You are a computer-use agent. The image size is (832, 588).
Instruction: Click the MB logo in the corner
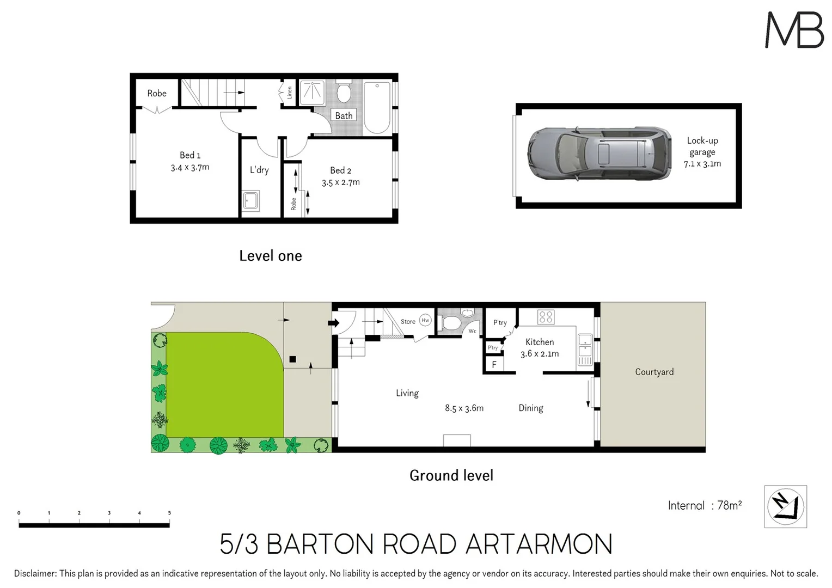point(794,30)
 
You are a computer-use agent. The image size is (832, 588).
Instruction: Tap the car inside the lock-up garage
point(599,154)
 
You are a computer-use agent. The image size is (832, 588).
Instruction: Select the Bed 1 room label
point(190,155)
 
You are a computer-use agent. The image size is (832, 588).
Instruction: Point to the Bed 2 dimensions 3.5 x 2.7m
point(340,182)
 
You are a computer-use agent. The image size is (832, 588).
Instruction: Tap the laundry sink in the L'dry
point(251,200)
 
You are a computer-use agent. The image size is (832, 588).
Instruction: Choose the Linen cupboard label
point(289,93)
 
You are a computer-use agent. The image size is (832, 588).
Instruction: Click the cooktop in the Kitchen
point(546,317)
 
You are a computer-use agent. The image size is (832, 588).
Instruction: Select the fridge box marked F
point(494,365)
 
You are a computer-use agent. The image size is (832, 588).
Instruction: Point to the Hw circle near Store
point(425,320)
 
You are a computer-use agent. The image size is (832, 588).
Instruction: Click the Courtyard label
point(654,372)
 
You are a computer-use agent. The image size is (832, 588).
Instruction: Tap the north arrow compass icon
point(785,507)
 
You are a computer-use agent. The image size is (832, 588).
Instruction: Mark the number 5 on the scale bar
point(169,513)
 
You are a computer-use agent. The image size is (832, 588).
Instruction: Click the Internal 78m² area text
point(705,506)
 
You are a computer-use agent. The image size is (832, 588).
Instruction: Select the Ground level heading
point(451,475)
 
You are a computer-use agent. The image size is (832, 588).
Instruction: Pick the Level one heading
point(270,256)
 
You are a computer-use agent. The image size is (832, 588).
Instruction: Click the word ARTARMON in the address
point(539,544)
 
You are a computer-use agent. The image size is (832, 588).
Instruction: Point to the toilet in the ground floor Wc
point(451,323)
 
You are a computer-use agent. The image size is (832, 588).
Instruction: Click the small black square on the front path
point(292,359)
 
